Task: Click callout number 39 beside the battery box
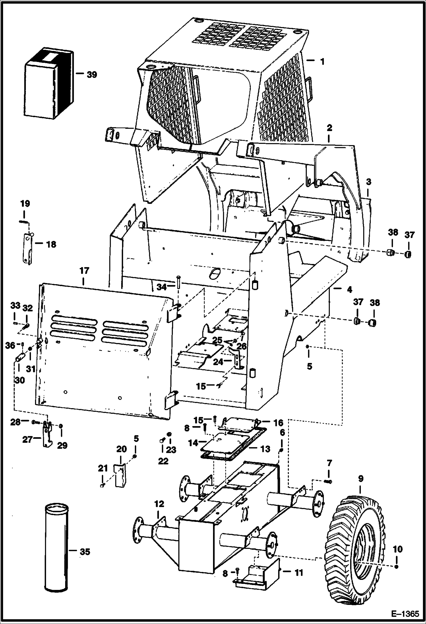click(92, 75)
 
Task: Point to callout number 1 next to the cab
click(322, 61)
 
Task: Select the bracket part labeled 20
click(120, 475)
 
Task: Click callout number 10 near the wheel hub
click(398, 549)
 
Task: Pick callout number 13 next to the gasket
click(265, 449)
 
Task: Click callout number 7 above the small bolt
click(329, 463)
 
